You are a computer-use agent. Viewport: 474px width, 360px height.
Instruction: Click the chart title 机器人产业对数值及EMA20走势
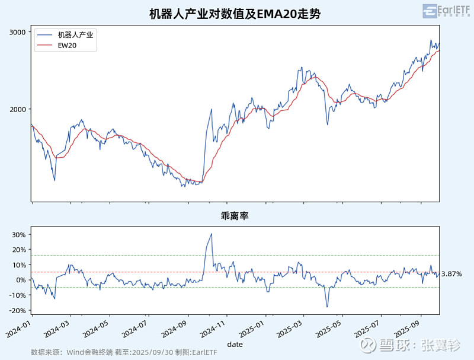[x=235, y=13]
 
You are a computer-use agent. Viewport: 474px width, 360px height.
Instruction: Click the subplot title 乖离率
[x=235, y=216]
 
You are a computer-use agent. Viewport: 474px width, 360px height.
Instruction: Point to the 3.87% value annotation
[x=451, y=274]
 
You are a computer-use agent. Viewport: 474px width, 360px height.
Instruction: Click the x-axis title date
[x=235, y=343]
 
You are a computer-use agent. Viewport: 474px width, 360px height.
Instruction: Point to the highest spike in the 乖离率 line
[x=212, y=234]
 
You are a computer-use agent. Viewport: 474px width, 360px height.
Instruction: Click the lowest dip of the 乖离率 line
[x=326, y=307]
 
